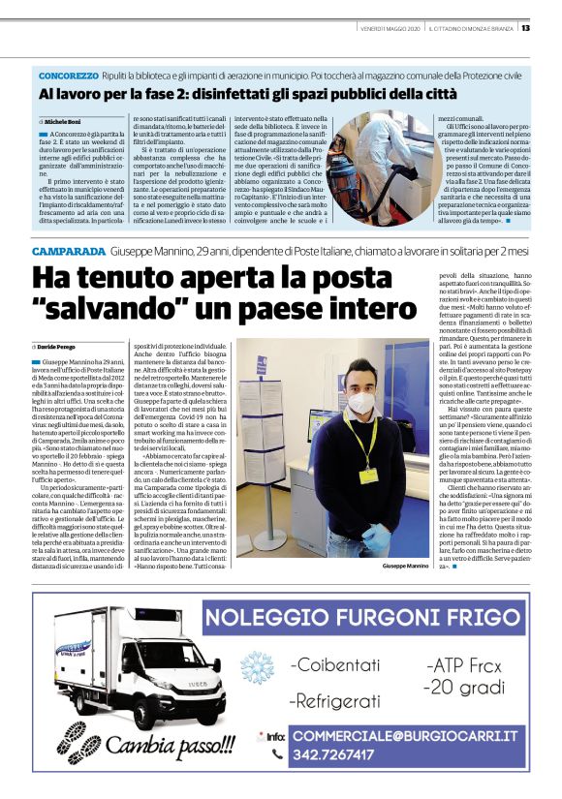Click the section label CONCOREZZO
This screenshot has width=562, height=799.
point(68,75)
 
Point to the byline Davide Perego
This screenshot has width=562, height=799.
point(61,347)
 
